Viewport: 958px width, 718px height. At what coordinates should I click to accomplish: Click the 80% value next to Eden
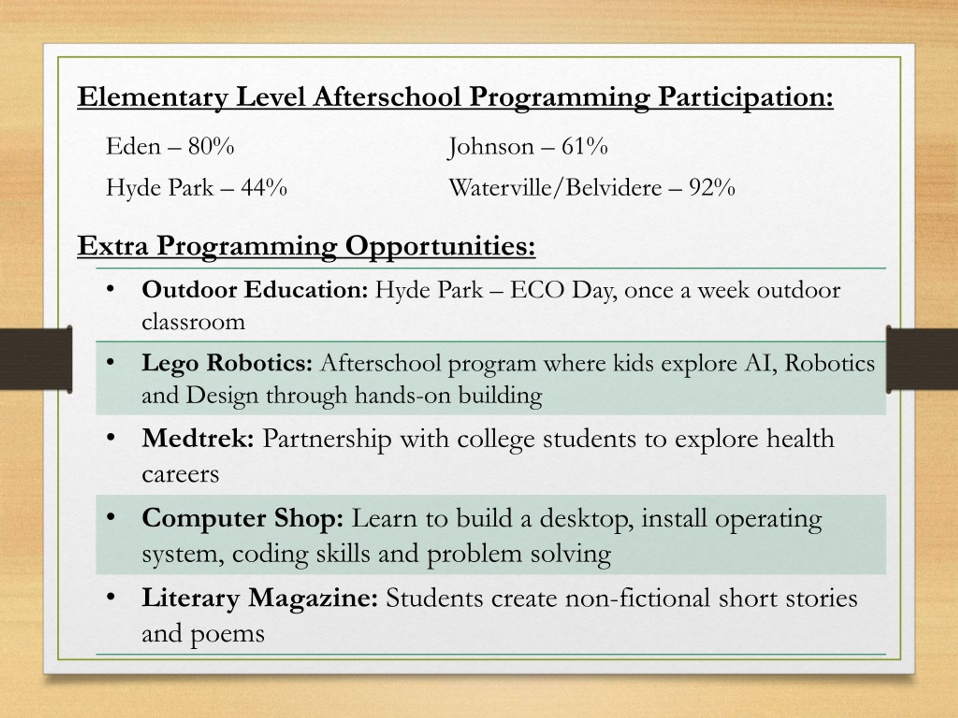click(x=211, y=146)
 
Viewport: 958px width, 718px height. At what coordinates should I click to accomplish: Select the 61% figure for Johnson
click(x=584, y=146)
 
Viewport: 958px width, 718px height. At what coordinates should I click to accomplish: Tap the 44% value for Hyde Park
click(x=264, y=187)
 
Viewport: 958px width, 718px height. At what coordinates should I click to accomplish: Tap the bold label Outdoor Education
click(x=255, y=289)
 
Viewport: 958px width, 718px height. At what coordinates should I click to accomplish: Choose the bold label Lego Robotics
click(x=227, y=363)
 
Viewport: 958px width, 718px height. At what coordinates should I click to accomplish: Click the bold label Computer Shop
click(x=242, y=518)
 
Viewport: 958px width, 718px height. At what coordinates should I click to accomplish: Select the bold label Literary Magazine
click(x=260, y=598)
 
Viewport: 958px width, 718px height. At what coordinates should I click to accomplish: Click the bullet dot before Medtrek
click(x=110, y=438)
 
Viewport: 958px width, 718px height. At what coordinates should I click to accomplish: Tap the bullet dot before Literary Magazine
click(x=110, y=597)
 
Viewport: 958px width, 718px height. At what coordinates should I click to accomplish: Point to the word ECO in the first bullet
click(x=537, y=290)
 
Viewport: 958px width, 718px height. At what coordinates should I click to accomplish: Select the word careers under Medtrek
click(x=180, y=474)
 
